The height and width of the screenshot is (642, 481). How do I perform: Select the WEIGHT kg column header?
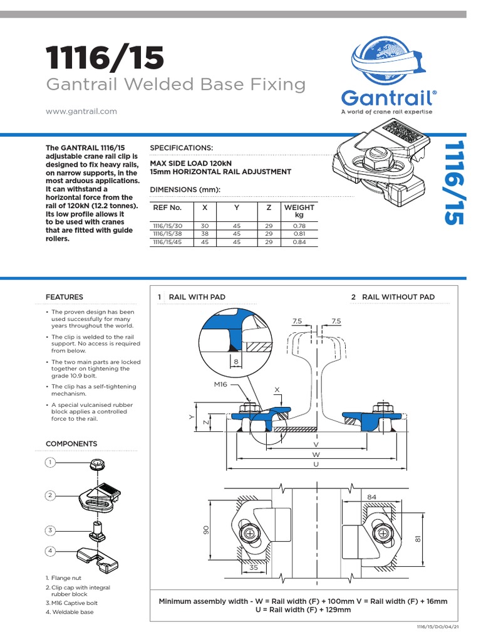tap(299, 211)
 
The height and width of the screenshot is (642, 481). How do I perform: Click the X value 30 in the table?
tap(204, 226)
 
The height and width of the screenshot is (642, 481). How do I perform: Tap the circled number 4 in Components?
tap(49, 551)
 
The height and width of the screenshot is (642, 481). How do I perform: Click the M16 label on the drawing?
tap(221, 386)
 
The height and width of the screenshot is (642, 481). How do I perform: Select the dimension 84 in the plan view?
tap(372, 497)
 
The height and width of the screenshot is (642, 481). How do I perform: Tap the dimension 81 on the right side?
tap(417, 539)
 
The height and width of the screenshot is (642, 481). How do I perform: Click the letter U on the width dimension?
tap(316, 465)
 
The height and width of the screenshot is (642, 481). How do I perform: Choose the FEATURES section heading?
tap(65, 297)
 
